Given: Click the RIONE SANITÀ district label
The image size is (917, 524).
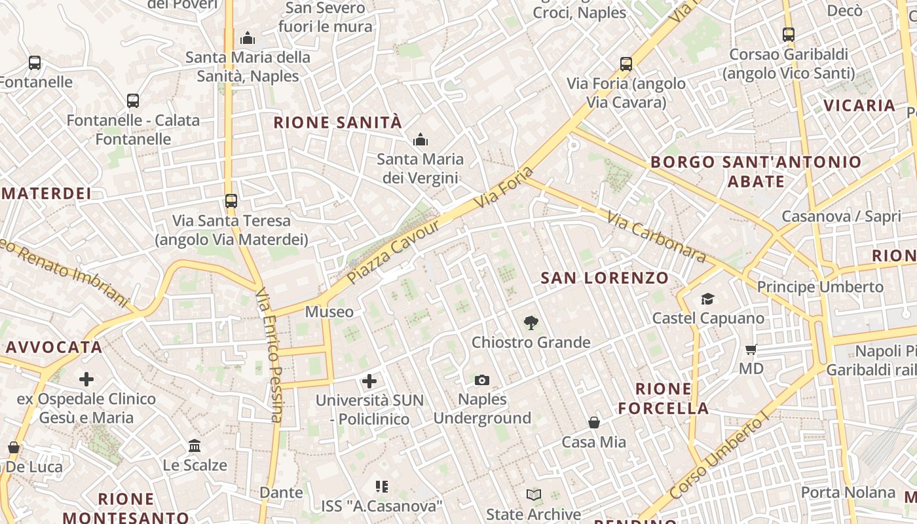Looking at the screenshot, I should point(337,122).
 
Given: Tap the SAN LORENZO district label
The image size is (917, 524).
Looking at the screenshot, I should point(605,278).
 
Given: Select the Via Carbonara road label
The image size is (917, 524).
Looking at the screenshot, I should point(656,236).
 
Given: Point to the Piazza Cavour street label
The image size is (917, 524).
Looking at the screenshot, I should point(393,252).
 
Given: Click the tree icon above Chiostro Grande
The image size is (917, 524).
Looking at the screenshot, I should point(531,322).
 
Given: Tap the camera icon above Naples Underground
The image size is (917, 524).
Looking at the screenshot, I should point(482,380).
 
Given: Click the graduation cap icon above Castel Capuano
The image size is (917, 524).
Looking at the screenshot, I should point(707,299).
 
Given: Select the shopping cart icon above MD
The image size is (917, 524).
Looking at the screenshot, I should point(751,349).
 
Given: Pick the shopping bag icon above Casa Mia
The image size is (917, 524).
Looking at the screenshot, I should point(594,422).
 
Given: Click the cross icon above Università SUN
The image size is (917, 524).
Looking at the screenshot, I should point(369,381).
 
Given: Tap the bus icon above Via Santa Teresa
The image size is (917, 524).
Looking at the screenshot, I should point(231,201).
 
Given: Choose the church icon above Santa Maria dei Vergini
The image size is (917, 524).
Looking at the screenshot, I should point(420,140).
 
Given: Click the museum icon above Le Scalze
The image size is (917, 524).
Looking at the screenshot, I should point(195,446).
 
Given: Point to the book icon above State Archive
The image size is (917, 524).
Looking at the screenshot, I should point(534,495).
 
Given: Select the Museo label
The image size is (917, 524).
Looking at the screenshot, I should point(329,312).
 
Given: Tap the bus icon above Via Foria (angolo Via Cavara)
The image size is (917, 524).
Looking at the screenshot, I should point(626,64).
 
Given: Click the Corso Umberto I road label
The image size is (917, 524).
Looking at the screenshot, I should point(718,457).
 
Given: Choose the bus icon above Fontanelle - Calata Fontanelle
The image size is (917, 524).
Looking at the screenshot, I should point(133,101).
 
